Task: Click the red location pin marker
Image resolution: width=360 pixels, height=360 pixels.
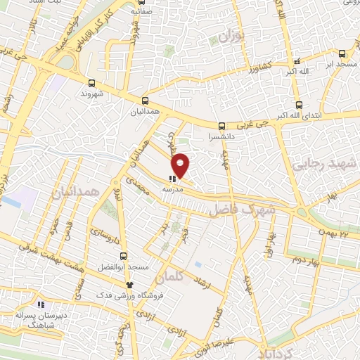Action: [181, 165]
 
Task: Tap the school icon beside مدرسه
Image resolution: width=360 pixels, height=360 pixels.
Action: [172, 179]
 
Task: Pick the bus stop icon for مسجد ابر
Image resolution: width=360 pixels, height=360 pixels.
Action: [342, 53]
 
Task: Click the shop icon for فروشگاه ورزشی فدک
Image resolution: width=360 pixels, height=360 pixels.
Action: [129, 285]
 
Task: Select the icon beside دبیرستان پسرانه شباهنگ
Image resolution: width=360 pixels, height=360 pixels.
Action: [41, 305]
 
